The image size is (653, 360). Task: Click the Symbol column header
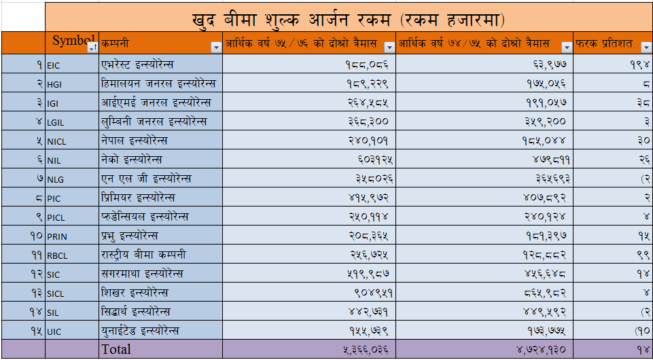pyautogui.click(x=70, y=41)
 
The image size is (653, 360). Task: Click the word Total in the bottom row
pyautogui.click(x=116, y=350)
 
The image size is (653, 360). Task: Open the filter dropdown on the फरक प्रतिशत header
pyautogui.click(x=645, y=47)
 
